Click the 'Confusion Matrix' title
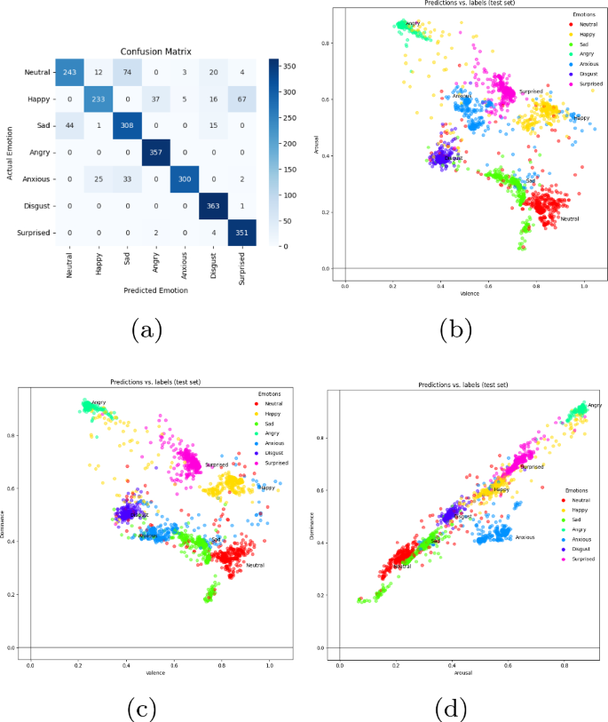[156, 51]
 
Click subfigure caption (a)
[147, 331]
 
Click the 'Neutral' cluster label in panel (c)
[255, 565]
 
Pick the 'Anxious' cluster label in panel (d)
[525, 537]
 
